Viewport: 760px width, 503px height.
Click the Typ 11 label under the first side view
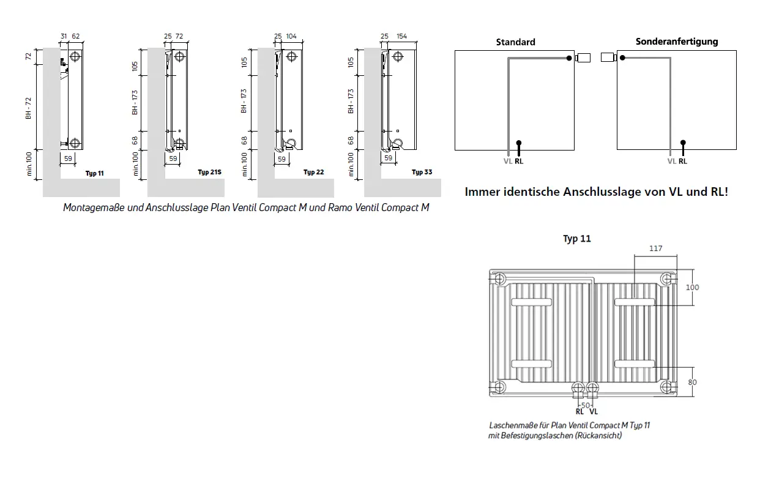tap(95, 173)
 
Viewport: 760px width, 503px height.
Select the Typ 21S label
tap(210, 173)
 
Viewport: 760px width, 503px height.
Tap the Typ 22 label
tap(314, 173)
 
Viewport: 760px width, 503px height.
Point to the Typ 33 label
tap(422, 173)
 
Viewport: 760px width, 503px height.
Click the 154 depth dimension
tap(401, 36)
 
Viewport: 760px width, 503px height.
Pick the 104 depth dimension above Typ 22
tap(291, 36)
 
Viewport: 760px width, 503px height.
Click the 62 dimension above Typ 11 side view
tap(76, 36)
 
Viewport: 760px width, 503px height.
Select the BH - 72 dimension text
tap(28, 108)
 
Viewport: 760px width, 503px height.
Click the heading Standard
tap(515, 42)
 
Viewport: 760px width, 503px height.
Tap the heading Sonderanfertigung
tap(677, 42)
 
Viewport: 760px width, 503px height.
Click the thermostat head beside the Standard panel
tap(583, 58)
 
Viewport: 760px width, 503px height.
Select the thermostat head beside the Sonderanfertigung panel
tap(609, 58)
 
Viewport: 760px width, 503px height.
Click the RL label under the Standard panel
tap(519, 162)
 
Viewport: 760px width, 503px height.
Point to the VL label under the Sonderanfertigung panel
tap(672, 162)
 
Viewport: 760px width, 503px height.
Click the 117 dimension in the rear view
tap(656, 248)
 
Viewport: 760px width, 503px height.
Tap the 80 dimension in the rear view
tap(693, 382)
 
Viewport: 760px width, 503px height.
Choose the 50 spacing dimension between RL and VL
tap(586, 405)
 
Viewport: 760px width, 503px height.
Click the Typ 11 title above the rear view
tap(577, 239)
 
